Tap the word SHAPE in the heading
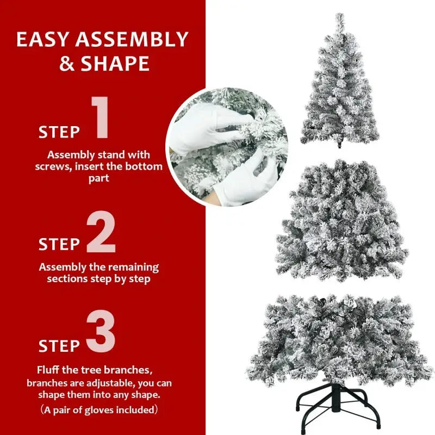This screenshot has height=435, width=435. point(115,64)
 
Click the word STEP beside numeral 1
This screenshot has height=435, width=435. point(59,132)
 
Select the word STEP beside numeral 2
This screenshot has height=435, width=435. point(59,245)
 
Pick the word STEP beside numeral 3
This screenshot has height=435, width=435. point(59,345)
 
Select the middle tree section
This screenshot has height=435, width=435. point(341,223)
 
